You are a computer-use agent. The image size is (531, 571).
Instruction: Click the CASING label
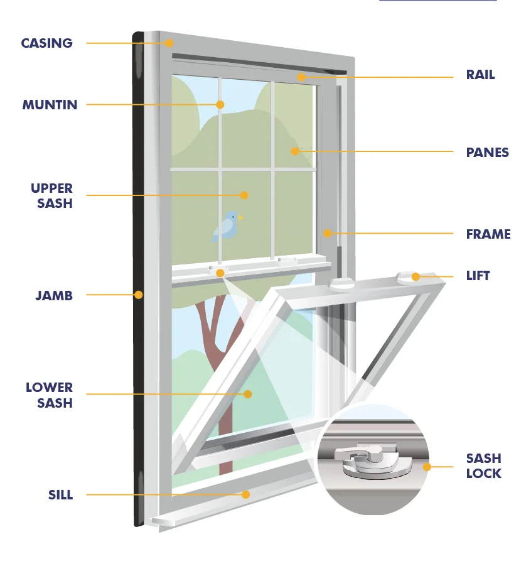[46, 43]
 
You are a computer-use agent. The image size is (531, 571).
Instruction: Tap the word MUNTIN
[50, 105]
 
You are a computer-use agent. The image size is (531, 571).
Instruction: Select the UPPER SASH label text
[51, 195]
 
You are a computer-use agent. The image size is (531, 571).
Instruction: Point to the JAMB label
[54, 295]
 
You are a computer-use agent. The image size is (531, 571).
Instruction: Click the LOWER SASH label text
[49, 395]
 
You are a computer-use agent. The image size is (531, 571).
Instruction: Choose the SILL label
[60, 495]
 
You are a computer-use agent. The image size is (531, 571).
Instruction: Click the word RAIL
[480, 75]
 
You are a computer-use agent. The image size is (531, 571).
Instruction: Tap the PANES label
[487, 153]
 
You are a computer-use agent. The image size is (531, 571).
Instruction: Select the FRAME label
[488, 234]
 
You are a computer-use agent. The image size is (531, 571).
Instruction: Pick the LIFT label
[478, 276]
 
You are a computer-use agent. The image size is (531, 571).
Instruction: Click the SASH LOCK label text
[483, 465]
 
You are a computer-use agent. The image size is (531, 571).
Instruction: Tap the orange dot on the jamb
[139, 295]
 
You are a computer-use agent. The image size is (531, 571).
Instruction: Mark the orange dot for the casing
[169, 43]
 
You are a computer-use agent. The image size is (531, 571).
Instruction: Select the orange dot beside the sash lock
[427, 467]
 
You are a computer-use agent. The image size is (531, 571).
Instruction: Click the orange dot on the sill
[246, 494]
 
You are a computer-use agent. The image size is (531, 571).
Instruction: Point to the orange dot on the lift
[416, 276]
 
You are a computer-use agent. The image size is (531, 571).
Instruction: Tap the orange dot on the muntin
[220, 104]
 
